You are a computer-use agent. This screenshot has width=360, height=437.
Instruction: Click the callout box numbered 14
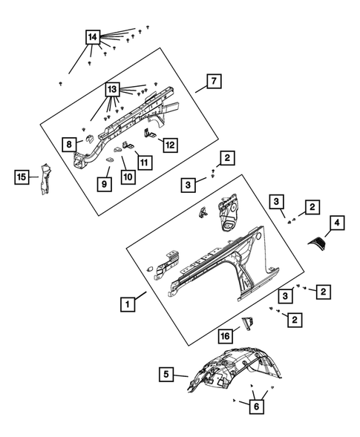point(93,37)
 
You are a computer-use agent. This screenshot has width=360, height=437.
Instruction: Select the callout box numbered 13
point(112,90)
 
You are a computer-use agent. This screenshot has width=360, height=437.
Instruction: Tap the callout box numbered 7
point(214,81)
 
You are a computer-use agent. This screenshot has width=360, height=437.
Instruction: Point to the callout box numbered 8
point(70,145)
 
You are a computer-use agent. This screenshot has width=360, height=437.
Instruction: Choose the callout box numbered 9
point(105,184)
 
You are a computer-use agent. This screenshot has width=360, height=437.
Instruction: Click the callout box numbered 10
point(128,177)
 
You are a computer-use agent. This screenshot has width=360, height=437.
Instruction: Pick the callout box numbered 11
point(145,162)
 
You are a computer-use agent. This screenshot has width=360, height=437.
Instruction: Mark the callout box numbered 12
point(171,145)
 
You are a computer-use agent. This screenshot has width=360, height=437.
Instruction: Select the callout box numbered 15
point(22,177)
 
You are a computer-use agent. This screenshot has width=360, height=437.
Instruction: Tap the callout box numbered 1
point(128,304)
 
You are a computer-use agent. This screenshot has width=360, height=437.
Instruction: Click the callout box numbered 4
point(337,223)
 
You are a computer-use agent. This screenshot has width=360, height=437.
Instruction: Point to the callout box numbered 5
point(166,374)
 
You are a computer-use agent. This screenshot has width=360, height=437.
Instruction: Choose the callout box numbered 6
point(257,407)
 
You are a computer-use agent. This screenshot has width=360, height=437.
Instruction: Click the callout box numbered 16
point(226,336)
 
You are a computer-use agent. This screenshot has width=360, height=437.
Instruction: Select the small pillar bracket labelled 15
point(45,180)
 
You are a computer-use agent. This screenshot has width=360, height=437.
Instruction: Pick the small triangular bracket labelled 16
point(248,323)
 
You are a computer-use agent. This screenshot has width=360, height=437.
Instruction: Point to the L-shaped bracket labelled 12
point(150,134)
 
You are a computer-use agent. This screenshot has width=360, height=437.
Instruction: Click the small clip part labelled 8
point(90,138)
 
